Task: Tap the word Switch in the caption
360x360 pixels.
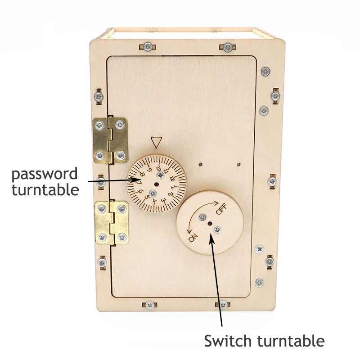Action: tap(225, 341)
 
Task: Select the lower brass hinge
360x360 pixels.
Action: tap(111, 223)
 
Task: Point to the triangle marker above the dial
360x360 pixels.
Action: tap(156, 143)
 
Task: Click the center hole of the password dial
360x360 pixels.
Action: tap(157, 184)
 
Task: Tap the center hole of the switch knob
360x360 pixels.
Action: tap(209, 223)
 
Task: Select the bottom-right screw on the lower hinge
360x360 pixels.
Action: tap(122, 236)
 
